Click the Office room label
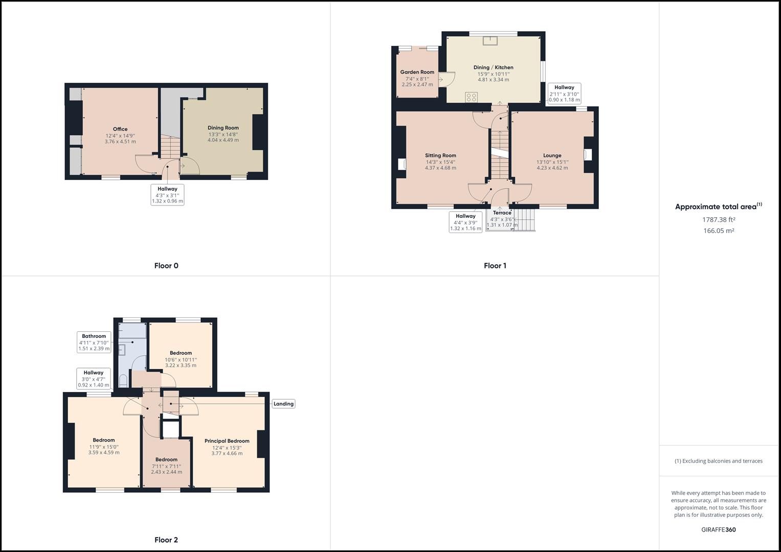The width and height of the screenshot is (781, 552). [x=120, y=129]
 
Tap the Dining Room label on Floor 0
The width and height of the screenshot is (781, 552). [x=223, y=128]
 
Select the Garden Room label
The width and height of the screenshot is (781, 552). [x=417, y=72]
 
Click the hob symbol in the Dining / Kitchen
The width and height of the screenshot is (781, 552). [x=471, y=97]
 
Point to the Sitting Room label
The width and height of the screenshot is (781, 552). [x=440, y=155]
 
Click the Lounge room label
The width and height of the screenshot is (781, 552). [x=552, y=155]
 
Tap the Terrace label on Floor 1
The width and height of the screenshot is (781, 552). [x=502, y=213]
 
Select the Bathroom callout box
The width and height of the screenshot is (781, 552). [x=94, y=342]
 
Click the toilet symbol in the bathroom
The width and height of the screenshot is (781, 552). [x=123, y=381]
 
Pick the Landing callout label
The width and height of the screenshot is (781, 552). [x=283, y=404]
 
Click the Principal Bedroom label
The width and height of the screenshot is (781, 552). [x=227, y=441]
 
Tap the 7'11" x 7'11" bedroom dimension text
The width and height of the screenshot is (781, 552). [x=166, y=466]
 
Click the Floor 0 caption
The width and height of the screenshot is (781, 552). [x=166, y=266]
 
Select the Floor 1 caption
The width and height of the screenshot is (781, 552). [x=495, y=266]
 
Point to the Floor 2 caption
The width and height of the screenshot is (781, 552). [x=166, y=540]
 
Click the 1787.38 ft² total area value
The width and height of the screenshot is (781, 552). [x=719, y=219]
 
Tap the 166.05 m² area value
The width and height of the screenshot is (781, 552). [x=719, y=231]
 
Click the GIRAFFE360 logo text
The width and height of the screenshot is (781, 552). [x=718, y=530]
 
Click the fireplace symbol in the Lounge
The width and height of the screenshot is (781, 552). [x=588, y=154]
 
